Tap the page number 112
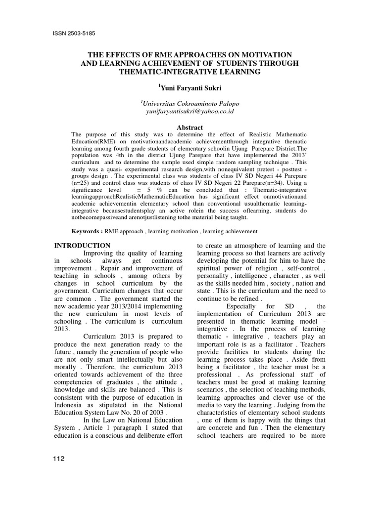(58, 459)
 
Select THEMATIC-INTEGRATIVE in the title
(163, 72)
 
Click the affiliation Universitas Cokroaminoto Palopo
(190, 103)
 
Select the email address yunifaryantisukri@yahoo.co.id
(190, 112)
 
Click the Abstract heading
(190, 127)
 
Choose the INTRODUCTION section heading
(82, 246)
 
